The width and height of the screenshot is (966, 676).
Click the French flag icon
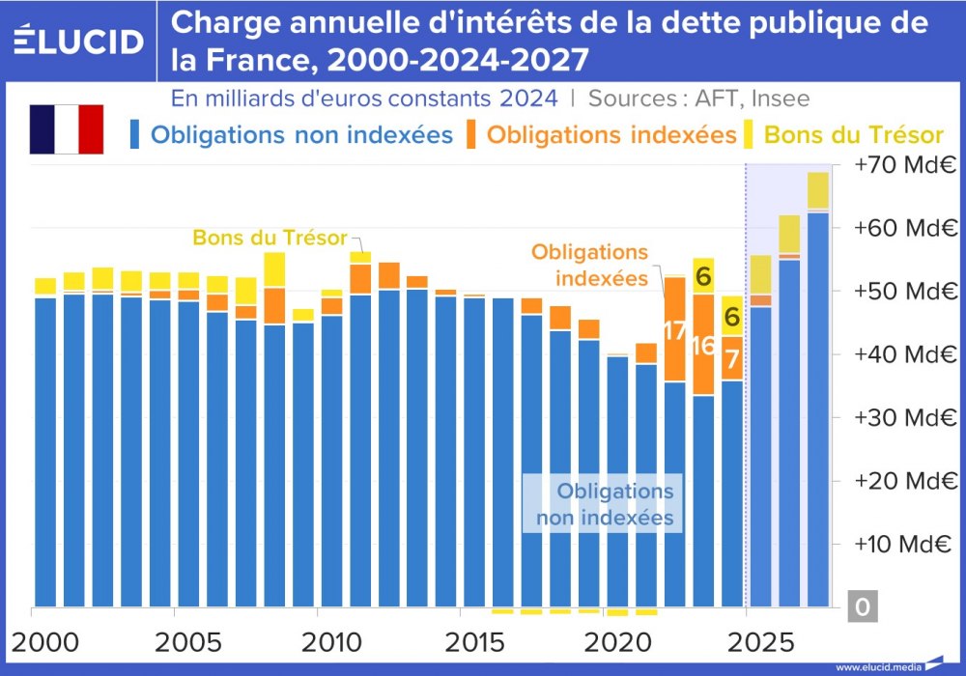pos(66,129)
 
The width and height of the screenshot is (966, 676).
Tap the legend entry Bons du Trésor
pos(853,134)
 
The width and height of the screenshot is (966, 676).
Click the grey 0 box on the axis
pos(864,606)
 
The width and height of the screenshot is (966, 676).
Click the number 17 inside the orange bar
pos(674,331)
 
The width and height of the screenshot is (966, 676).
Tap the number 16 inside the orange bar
pos(703,346)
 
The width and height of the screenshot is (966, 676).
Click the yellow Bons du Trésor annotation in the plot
pos(270,238)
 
